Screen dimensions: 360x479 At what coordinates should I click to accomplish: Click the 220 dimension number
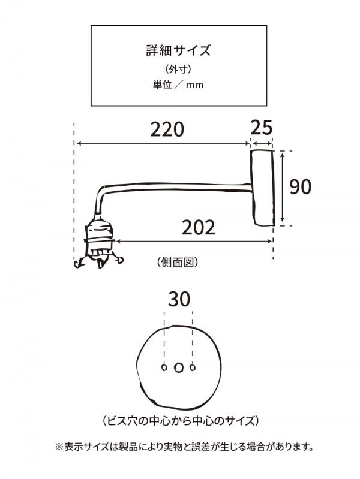click(167, 129)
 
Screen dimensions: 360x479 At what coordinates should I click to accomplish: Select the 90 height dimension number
click(301, 187)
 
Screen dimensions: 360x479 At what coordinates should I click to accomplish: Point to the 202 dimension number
click(199, 228)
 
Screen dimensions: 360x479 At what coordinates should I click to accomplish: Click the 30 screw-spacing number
click(179, 299)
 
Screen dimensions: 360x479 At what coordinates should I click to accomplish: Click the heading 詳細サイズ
click(178, 50)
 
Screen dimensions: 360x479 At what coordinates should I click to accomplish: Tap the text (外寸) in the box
click(178, 70)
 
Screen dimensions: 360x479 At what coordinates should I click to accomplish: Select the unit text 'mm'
click(195, 85)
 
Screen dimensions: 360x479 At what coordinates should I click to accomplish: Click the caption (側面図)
click(178, 262)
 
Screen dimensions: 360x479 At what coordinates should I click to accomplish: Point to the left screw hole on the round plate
click(164, 367)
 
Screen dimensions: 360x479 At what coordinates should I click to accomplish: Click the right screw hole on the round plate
click(193, 367)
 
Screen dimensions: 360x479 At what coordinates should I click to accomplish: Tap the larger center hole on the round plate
click(178, 367)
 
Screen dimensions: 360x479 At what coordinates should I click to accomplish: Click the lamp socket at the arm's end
click(98, 242)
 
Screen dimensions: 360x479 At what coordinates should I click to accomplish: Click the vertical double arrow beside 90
click(283, 187)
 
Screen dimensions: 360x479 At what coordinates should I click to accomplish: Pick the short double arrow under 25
click(261, 143)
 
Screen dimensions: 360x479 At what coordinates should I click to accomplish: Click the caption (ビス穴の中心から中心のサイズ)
click(181, 421)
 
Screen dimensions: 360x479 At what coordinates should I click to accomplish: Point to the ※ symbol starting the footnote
click(59, 447)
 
